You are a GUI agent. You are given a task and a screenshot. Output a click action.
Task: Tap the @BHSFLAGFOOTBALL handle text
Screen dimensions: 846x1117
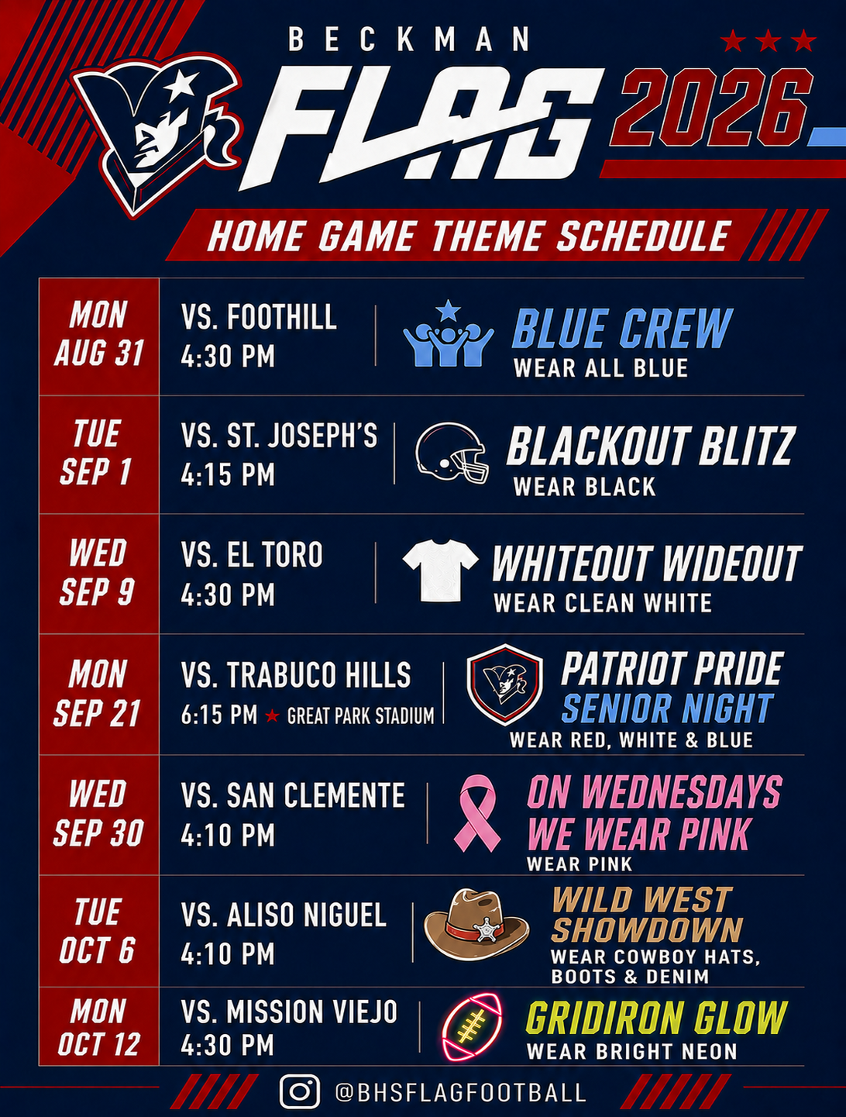click(x=461, y=1091)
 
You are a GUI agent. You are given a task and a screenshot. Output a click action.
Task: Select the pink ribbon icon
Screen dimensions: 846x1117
click(x=477, y=813)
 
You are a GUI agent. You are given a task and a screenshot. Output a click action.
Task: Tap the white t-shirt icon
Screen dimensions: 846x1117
click(x=440, y=571)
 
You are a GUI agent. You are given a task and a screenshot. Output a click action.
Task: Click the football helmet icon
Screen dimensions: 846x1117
click(x=452, y=453)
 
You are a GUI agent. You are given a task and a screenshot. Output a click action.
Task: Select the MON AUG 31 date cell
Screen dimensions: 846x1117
click(x=99, y=336)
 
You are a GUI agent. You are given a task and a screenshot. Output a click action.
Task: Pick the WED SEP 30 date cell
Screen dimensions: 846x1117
click(x=99, y=815)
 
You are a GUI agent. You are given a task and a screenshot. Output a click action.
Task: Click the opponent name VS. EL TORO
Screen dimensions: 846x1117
click(x=253, y=554)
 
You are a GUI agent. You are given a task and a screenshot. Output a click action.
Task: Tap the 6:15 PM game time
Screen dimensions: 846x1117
click(x=219, y=715)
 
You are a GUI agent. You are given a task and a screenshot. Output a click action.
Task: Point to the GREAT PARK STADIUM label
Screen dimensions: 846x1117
click(x=360, y=715)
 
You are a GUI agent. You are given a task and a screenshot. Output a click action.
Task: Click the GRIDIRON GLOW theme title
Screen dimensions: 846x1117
click(x=656, y=1019)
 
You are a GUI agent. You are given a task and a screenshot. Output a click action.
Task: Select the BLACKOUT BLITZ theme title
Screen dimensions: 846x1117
click(x=650, y=446)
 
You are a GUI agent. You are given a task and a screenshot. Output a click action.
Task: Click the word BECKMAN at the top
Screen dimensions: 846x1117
click(x=409, y=40)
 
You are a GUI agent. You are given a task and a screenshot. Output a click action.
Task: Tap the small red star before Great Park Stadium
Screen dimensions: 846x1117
click(x=273, y=716)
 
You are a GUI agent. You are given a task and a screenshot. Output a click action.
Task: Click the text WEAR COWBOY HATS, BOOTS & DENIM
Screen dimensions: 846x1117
click(x=655, y=967)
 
